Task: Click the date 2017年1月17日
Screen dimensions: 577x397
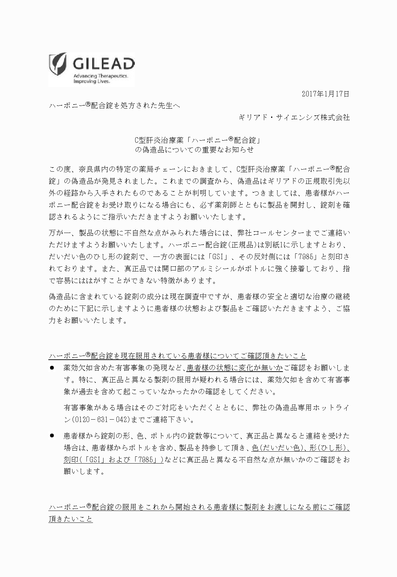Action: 325,94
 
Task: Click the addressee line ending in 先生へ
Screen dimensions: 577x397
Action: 114,106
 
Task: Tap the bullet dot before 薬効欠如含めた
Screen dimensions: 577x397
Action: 52,368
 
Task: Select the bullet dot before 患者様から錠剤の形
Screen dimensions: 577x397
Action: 52,435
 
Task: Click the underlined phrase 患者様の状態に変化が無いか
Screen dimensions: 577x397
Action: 235,368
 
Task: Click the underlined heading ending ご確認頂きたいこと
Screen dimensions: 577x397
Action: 177,356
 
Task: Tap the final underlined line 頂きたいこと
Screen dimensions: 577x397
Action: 70,519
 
